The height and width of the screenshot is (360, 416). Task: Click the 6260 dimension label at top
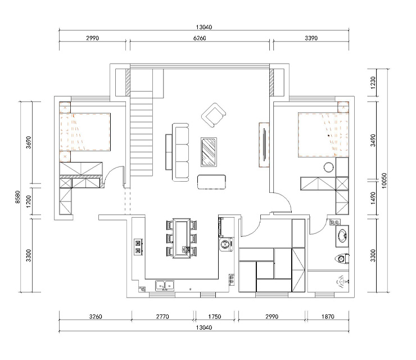tap(200, 38)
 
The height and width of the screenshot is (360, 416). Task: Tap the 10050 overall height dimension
tap(384, 181)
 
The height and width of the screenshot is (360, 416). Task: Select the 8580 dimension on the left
tap(17, 197)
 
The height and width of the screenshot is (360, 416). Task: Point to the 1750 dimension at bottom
tap(214, 317)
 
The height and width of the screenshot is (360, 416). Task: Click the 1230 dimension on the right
tap(373, 83)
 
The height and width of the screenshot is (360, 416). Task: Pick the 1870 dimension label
tap(328, 317)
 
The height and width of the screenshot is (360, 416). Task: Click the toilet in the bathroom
tap(342, 259)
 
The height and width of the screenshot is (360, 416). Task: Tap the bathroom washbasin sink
tap(342, 236)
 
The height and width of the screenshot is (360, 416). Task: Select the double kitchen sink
tap(165, 285)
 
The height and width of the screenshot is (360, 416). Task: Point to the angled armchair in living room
tap(214, 115)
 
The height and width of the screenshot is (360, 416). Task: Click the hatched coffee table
tap(209, 152)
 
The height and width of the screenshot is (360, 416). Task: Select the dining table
tap(182, 238)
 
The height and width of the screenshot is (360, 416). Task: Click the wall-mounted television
tap(264, 145)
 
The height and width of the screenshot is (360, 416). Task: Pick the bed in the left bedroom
tap(85, 132)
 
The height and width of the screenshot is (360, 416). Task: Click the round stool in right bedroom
tap(329, 167)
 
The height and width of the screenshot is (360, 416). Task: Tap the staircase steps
tap(142, 133)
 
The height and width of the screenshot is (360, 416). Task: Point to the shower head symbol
tap(341, 282)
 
